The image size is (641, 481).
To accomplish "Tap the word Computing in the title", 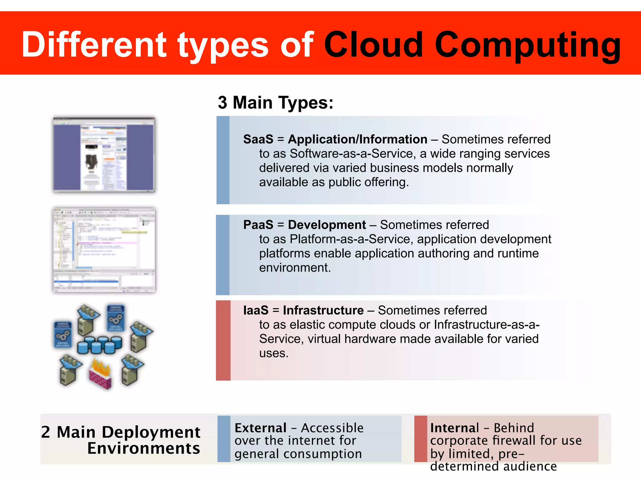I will (x=528, y=46).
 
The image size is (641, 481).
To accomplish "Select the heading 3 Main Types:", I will (x=275, y=102).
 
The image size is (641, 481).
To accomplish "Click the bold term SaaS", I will (x=258, y=139).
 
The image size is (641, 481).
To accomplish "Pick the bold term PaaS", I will (x=258, y=225).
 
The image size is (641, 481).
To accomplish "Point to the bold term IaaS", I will (x=256, y=310).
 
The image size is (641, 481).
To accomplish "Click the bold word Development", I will (x=327, y=225).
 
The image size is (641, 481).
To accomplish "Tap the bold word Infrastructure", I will (x=323, y=310).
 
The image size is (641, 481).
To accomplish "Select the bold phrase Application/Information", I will (x=357, y=139).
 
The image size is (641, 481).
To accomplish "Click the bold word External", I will (x=260, y=428).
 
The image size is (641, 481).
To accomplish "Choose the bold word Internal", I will (x=454, y=428).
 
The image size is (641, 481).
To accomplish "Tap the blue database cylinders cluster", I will (x=100, y=345).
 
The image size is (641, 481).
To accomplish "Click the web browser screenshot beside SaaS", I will (x=104, y=154).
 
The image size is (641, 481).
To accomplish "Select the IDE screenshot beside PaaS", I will (x=104, y=250).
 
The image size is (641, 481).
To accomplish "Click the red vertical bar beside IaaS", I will (x=223, y=340).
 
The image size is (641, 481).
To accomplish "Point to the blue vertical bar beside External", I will (x=224, y=439).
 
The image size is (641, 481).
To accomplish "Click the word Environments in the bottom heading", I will (x=143, y=448).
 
